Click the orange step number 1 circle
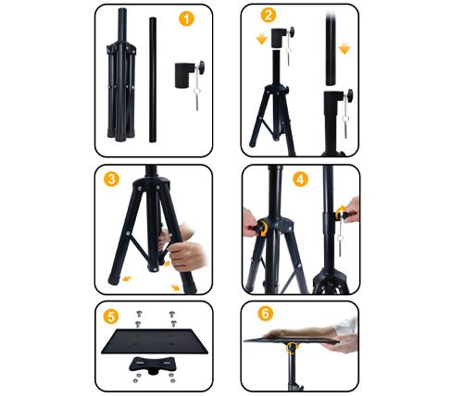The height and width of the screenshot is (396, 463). point(186,19)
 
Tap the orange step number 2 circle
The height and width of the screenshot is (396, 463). point(269,15)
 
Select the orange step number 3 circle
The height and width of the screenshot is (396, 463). point(111,179)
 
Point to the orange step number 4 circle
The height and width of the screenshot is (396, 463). point(300,179)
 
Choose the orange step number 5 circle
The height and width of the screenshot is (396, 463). point(111,316)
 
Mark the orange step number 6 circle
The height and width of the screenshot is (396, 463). point(266,314)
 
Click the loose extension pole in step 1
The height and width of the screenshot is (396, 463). point(153,80)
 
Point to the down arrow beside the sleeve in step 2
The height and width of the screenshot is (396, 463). point(262,39)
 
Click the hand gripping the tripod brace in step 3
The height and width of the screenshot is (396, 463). point(184,252)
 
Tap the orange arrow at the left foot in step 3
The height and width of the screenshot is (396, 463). point(127,279)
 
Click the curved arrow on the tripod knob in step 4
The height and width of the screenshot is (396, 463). point(263,229)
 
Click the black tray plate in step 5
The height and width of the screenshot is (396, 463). point(155,341)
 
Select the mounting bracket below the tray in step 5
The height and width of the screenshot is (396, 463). point(153,365)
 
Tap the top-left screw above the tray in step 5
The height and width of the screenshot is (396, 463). point(139,315)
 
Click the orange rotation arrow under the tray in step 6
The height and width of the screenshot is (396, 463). point(292,348)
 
